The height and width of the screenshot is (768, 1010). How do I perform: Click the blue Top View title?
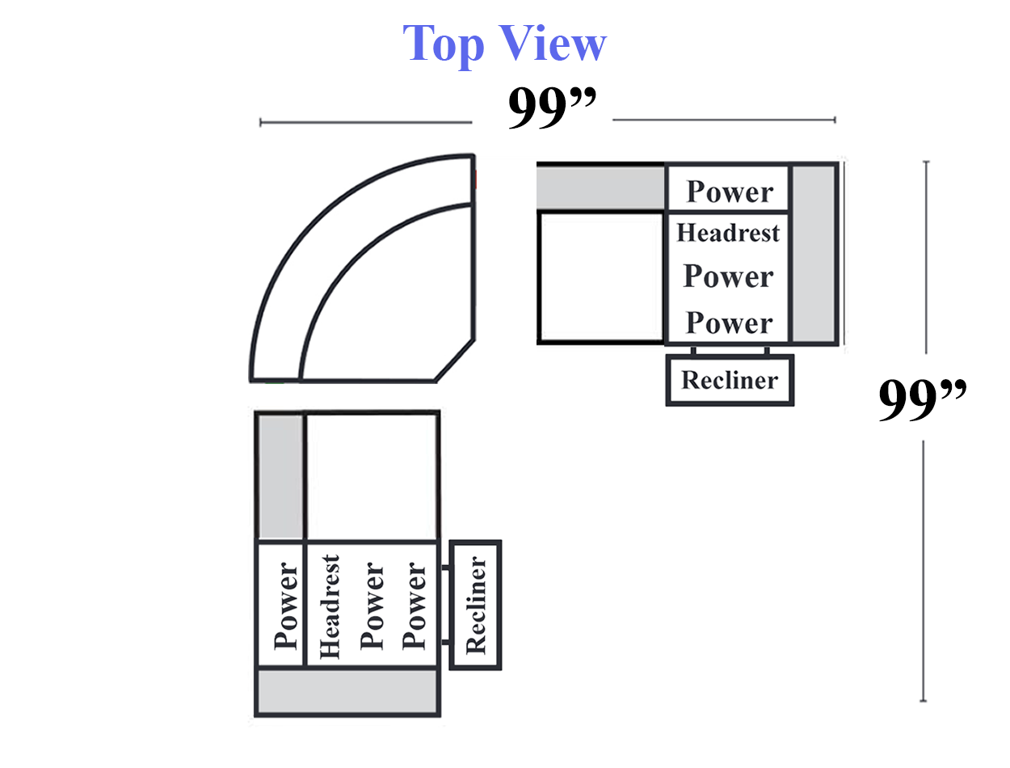click(x=504, y=44)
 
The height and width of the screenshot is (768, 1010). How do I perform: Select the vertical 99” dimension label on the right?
click(x=922, y=399)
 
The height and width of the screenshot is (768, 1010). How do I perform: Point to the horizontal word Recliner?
click(x=730, y=380)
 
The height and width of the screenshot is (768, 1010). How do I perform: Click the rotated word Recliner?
click(x=476, y=605)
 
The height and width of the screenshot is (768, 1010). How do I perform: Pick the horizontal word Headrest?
click(x=728, y=233)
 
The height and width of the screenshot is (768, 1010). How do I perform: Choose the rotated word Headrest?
click(x=330, y=606)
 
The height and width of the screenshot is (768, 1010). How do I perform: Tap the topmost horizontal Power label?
click(x=730, y=192)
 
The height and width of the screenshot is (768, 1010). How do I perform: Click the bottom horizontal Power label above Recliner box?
click(x=729, y=323)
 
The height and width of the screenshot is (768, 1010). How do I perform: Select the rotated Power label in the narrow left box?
click(x=285, y=606)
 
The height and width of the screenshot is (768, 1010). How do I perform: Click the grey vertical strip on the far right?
click(x=813, y=254)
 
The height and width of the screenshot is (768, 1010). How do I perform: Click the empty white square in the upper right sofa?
click(x=601, y=277)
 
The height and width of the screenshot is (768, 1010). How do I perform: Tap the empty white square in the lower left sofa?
click(x=372, y=476)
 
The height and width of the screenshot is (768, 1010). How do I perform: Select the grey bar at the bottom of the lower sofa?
click(x=347, y=692)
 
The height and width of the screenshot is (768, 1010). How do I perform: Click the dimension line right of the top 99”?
click(x=723, y=120)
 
